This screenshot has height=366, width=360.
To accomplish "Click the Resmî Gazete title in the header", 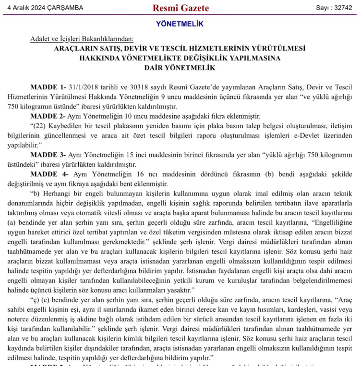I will point(180,8).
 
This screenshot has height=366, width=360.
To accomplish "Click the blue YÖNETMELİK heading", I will point(180,24).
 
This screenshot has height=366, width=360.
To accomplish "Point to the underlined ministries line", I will point(82,39).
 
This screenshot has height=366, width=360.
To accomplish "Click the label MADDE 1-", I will point(48,87).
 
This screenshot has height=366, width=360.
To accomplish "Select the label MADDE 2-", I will point(48,116).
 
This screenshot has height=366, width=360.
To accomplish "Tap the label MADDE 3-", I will point(48,155).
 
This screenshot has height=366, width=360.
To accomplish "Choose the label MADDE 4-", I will point(49,174).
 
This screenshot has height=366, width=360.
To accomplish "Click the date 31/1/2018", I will point(85,87).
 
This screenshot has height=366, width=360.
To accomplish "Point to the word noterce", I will point(20,319).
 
